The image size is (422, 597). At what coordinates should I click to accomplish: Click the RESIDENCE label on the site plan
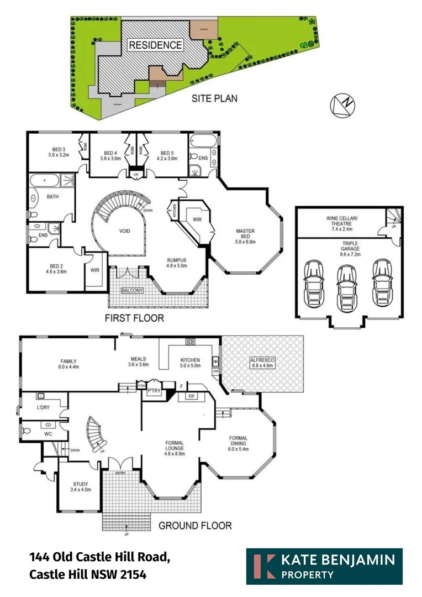155,45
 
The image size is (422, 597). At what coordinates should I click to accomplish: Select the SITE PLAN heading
214,98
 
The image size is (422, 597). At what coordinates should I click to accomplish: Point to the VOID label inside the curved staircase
125,231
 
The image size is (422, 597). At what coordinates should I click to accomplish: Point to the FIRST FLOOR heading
135,318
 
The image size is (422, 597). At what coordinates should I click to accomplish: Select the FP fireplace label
192,396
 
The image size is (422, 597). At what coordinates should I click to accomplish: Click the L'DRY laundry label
44,407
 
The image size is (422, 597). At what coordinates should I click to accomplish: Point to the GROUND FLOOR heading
195,525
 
